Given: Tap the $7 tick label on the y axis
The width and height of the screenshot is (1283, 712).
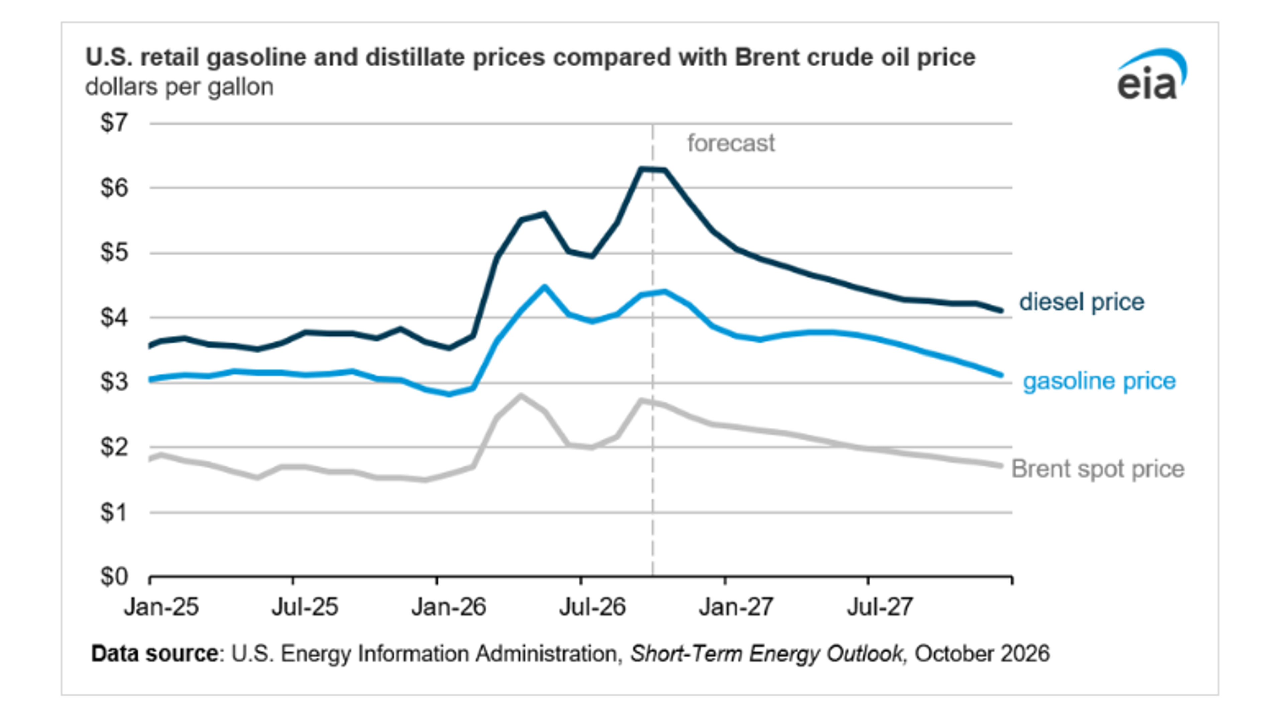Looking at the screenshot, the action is coord(114,123).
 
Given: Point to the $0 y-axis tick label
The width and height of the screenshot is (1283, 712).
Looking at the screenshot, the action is coord(114,577).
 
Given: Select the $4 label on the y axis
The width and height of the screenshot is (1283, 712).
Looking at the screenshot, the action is coord(114,317).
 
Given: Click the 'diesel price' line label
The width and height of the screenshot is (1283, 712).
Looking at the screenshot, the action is coord(1082,302).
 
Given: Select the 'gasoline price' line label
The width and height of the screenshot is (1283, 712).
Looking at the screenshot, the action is coord(1100,381).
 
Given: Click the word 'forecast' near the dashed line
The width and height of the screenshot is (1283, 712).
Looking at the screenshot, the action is coord(731,143).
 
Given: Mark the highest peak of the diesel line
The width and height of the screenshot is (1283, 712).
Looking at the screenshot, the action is coord(641,169).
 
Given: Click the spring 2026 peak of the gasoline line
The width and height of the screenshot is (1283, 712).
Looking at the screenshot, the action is coord(544,287).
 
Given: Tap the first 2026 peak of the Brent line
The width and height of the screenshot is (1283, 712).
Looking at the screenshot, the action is coord(521,396).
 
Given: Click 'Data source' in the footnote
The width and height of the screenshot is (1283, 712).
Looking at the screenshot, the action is coord(154,653).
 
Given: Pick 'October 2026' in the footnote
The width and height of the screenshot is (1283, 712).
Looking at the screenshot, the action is coord(982,653).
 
